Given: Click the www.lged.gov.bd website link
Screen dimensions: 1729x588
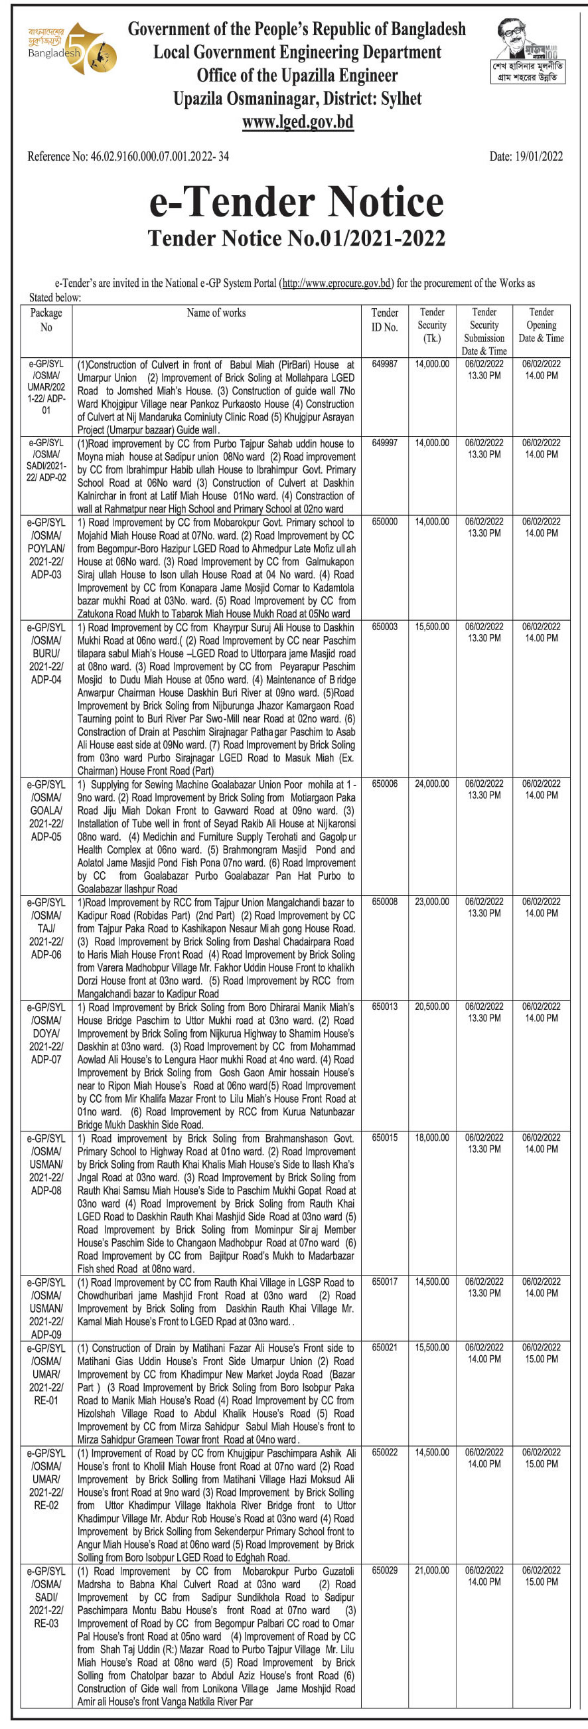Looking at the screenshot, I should [x=297, y=122].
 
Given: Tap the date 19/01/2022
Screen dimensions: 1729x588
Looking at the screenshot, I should [x=526, y=157].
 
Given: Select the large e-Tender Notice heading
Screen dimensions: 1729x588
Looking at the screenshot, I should [x=296, y=202].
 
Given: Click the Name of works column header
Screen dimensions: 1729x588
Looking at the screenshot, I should [x=216, y=313].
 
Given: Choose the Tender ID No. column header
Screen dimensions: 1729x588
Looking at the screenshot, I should [x=385, y=320].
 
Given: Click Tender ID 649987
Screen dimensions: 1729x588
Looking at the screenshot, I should [x=385, y=365].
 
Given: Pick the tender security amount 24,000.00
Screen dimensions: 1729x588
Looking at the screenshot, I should [x=432, y=783].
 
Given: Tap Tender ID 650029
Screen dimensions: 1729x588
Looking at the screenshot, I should [x=385, y=1584].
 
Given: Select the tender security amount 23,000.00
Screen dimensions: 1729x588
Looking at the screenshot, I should [x=432, y=902].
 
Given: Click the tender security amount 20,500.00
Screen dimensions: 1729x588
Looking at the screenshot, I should [x=432, y=1007].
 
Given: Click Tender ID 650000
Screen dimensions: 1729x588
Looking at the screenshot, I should [x=385, y=521].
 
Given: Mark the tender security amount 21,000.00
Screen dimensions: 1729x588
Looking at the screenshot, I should [x=432, y=1584].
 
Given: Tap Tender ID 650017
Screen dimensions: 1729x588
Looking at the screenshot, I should [x=385, y=1281].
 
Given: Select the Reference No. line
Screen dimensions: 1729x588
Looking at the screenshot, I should [x=128, y=157].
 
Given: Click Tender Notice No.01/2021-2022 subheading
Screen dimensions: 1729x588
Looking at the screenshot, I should [x=296, y=238].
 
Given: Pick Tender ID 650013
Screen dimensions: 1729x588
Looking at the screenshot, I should [x=385, y=1007].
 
